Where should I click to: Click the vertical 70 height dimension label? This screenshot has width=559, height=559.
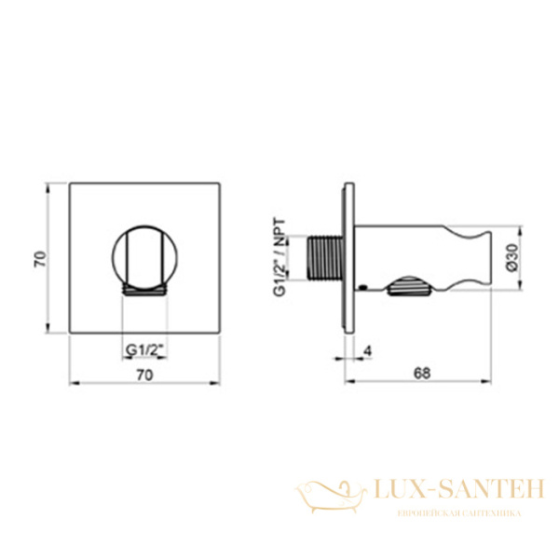(39, 259)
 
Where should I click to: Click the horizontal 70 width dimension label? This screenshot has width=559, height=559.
(144, 375)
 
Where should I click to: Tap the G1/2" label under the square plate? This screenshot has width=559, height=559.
(145, 350)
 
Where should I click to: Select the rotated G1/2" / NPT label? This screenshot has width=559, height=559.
(279, 257)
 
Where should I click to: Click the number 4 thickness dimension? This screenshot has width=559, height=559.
(368, 351)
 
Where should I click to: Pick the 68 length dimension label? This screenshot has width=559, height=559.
(422, 374)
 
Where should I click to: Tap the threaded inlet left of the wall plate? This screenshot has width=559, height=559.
(324, 257)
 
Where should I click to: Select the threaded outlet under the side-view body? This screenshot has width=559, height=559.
(409, 286)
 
